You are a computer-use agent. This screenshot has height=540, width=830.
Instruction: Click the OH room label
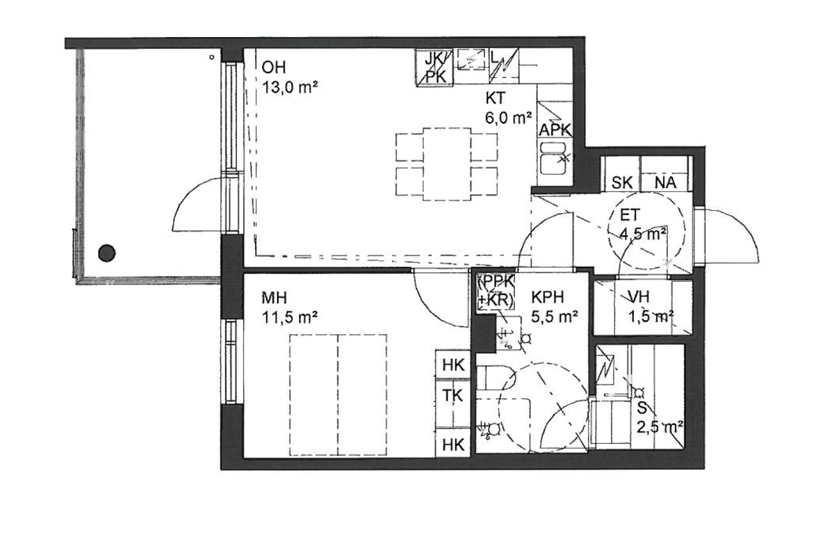274,68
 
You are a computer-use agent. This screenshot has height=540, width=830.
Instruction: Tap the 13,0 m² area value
290,88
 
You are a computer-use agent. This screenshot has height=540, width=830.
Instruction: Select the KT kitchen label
495,98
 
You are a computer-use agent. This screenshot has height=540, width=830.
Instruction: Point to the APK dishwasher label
555,130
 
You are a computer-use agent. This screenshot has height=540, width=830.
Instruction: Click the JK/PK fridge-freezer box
434,67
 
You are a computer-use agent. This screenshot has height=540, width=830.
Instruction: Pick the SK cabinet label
621,183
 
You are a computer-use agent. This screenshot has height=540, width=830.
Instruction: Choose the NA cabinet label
665,183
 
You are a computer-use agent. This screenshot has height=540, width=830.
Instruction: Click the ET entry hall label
630,215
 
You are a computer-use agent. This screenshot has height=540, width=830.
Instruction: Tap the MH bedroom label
274,298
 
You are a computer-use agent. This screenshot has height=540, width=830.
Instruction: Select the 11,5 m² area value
289,317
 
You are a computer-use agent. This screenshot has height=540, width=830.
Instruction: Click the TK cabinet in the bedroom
453,403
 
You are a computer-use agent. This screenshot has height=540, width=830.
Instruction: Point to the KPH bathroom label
548,297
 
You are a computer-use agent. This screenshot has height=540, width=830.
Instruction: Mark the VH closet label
638,297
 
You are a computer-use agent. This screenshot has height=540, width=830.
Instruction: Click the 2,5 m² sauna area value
660,428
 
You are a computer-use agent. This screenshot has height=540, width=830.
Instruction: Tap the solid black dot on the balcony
106,253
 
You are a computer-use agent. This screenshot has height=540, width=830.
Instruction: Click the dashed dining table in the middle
447,164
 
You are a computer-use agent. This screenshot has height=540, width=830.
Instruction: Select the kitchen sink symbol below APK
553,158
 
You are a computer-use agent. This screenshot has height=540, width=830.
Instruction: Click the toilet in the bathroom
494,377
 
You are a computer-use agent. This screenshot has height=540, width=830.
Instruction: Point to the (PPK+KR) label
495,292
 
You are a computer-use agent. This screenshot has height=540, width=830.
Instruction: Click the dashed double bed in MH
338,395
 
